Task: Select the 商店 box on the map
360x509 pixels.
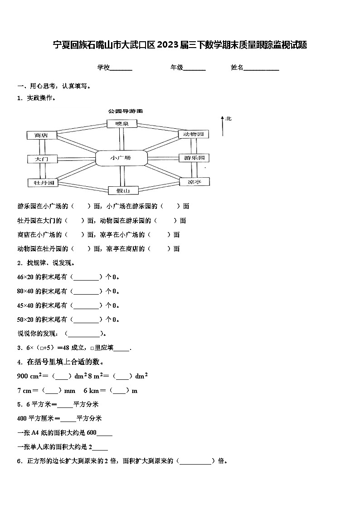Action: [41, 135]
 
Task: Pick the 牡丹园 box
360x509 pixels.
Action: [41, 183]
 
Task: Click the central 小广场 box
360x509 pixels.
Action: [122, 158]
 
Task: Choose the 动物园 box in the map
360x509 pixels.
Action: [194, 134]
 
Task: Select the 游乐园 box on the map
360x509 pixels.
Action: [194, 158]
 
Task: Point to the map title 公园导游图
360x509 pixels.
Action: [126, 111]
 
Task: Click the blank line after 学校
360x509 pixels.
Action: [121, 68]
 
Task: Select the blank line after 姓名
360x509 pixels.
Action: [262, 68]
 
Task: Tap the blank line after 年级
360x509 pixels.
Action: [194, 68]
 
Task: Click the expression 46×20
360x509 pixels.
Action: [26, 277]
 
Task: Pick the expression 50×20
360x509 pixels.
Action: [26, 319]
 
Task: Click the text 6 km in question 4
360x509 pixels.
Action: [94, 390]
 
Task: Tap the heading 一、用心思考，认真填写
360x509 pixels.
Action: [54, 86]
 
